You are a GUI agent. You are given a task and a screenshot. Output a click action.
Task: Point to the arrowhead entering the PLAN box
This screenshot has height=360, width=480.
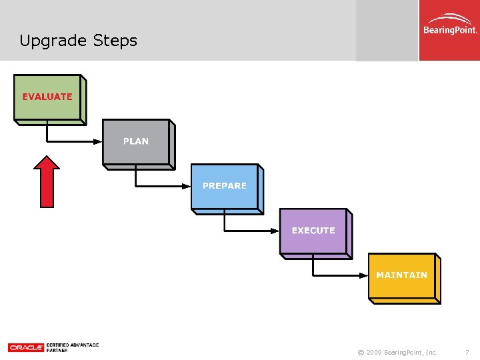99,141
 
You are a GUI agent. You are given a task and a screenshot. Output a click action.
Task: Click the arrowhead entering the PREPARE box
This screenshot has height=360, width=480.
187,186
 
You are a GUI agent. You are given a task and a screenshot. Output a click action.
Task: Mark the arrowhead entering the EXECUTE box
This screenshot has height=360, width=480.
276,231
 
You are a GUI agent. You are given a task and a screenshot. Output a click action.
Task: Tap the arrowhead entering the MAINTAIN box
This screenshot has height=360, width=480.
365,275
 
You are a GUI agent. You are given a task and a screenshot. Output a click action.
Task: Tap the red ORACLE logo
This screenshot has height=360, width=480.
25,347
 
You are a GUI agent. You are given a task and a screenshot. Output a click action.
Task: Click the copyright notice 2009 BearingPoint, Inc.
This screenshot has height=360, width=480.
397,352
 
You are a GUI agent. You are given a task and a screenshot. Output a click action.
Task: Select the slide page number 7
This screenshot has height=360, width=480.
467,352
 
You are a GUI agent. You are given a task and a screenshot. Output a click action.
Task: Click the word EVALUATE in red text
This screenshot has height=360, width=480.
47,97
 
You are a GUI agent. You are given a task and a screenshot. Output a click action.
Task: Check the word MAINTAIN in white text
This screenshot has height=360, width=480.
401,275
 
